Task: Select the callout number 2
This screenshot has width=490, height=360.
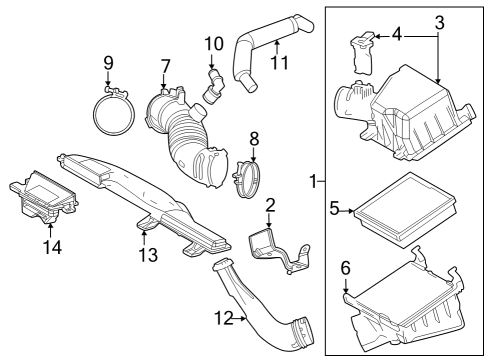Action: [269, 206]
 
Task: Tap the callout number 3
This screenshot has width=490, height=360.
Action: [438, 21]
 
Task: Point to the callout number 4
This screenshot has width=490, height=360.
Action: [397, 34]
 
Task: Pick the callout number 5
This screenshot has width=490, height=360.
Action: [335, 209]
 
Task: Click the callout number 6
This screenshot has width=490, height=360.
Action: [345, 268]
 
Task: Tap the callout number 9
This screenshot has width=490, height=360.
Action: [109, 66]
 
